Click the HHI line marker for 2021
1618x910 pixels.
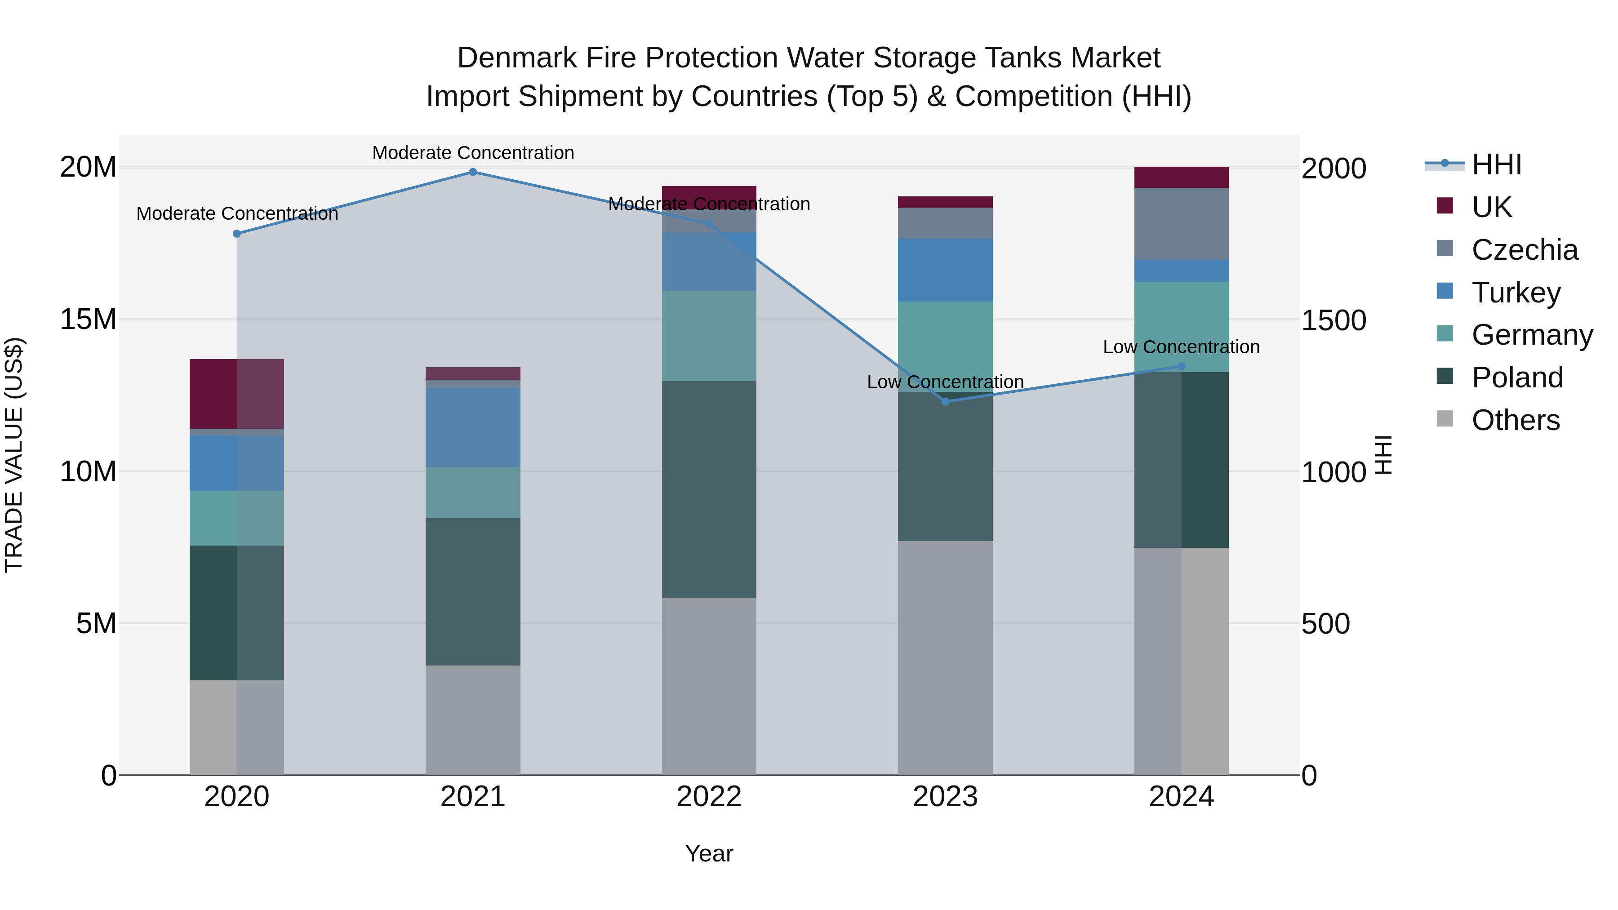(473, 172)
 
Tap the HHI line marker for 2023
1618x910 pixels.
(945, 401)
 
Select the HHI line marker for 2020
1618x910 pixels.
(237, 234)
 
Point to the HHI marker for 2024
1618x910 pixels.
(1182, 366)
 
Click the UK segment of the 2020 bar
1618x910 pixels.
(237, 394)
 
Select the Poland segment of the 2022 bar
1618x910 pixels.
(709, 489)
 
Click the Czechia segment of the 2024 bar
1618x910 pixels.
(1182, 224)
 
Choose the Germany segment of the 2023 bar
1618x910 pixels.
(945, 346)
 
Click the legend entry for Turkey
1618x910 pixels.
(1516, 293)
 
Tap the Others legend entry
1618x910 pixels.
(1515, 420)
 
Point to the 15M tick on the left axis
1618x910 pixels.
(88, 320)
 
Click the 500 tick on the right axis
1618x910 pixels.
(1325, 624)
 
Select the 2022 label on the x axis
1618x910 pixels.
(709, 797)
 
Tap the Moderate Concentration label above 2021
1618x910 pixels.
(473, 153)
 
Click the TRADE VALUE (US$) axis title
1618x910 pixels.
(14, 455)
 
